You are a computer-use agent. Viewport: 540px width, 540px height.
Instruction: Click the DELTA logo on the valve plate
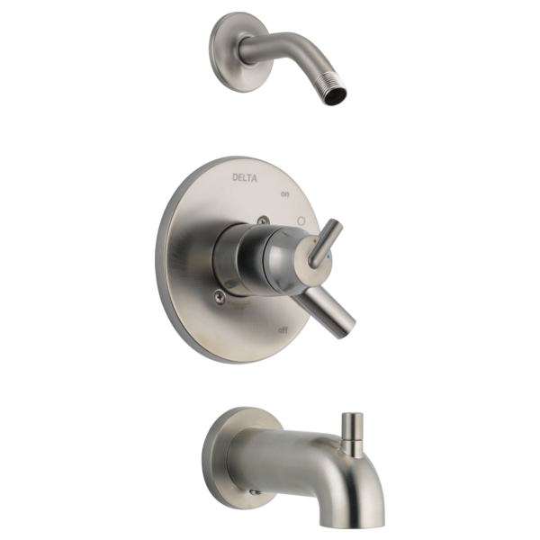point(245,177)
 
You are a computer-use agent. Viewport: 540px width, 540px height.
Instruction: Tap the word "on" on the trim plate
point(284,194)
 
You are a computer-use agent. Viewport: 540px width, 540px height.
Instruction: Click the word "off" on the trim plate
point(283,330)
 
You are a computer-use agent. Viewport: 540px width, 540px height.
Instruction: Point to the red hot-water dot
point(314,242)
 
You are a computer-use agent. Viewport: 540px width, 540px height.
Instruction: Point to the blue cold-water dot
point(328,256)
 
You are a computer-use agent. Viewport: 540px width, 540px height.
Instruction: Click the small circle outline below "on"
point(301,220)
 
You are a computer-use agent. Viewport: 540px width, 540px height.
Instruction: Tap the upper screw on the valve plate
point(263,220)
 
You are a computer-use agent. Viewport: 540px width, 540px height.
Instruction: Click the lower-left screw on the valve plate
point(220,296)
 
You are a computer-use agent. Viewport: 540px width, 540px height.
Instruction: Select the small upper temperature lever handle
point(326,243)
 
